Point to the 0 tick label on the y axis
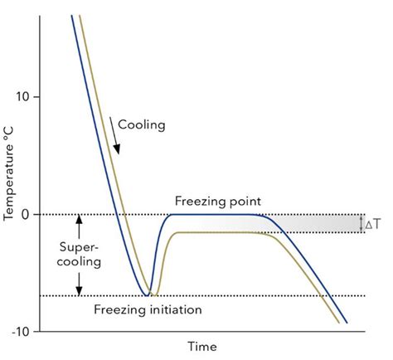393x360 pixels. pos(26,215)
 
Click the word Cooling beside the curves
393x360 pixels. pos(142,125)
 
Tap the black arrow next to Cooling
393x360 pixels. pos(115,136)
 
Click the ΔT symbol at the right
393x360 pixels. pos(375,224)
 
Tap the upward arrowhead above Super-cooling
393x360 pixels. pos(80,219)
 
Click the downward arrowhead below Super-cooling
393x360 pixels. pos(80,291)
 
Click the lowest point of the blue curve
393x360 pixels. pos(147,295)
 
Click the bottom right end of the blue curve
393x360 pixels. pos(347,323)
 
